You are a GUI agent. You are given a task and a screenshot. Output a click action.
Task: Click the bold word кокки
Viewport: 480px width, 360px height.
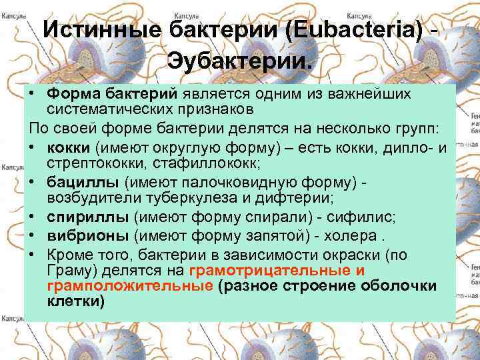point(69,148)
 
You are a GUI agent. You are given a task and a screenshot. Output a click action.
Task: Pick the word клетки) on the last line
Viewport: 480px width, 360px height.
point(76,301)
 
